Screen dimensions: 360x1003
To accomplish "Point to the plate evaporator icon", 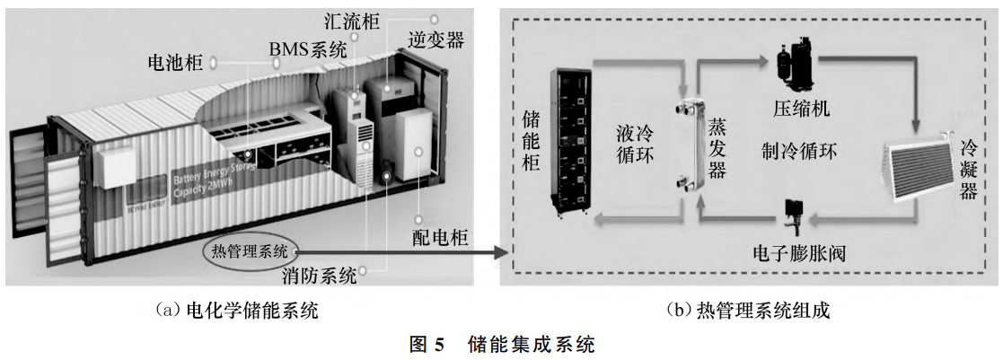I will (x=690, y=147).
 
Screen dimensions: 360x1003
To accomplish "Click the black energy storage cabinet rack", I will (x=571, y=144).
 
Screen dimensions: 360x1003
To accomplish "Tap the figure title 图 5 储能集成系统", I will (x=502, y=344).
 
